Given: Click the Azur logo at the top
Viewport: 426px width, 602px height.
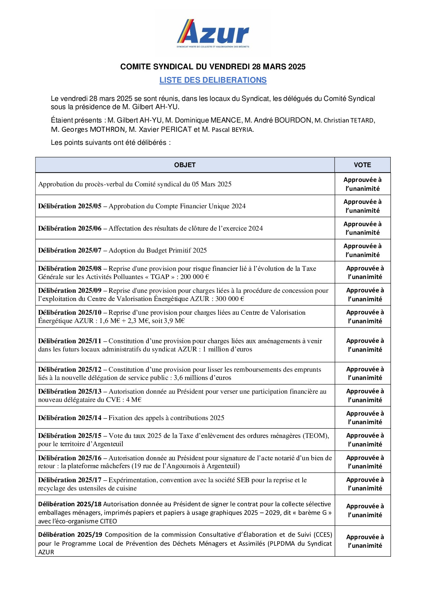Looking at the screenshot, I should (x=213, y=34).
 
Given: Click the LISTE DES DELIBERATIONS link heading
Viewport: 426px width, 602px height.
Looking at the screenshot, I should (x=213, y=80).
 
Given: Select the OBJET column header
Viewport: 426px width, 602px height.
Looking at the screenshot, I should (x=185, y=165).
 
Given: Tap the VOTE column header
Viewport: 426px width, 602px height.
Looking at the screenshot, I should (x=362, y=165).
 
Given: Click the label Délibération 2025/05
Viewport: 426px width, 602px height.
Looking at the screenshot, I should (x=70, y=206).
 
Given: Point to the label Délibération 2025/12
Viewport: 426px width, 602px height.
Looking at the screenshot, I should (x=70, y=370).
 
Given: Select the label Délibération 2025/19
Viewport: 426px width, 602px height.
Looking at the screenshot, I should (x=70, y=535).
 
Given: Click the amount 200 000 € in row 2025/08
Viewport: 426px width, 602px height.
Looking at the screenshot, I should (x=195, y=277).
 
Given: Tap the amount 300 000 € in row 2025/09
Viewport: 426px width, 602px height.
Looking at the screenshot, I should (x=230, y=299).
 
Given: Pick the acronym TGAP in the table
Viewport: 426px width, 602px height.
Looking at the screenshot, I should (x=160, y=277).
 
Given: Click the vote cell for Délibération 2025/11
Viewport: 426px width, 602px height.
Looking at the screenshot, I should (x=365, y=345).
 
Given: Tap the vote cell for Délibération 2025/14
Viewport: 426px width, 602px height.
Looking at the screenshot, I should (x=365, y=418).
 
